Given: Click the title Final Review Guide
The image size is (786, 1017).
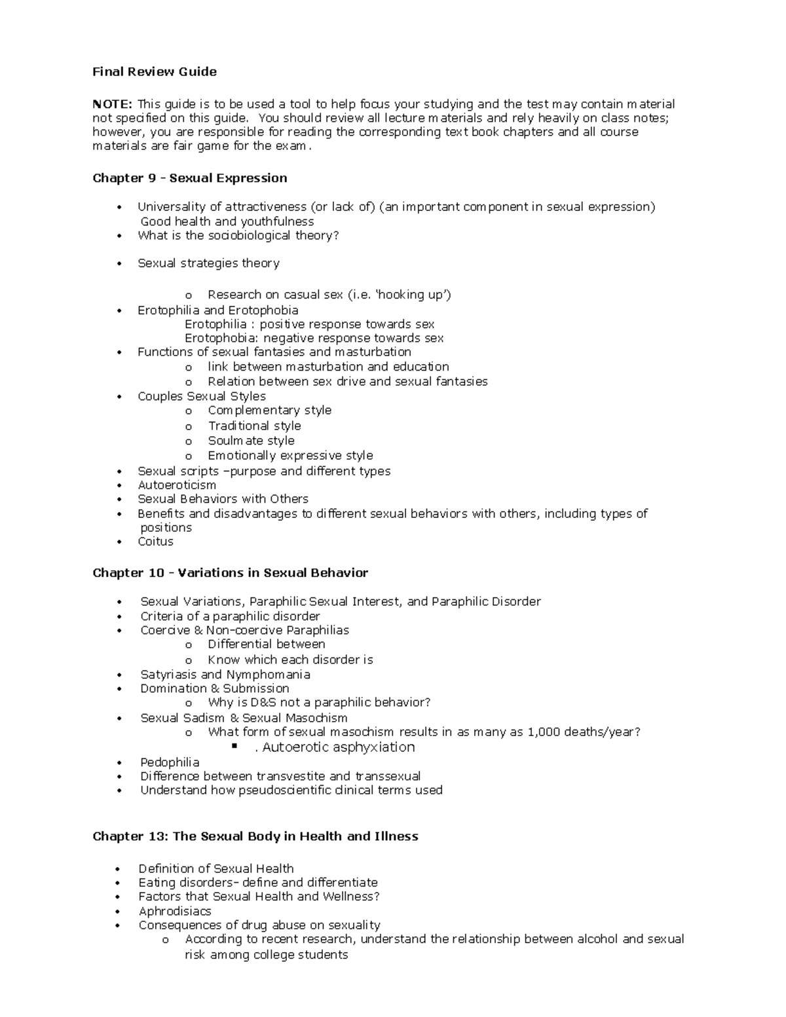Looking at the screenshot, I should click(x=155, y=71).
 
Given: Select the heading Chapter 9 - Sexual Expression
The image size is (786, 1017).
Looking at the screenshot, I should click(x=190, y=178).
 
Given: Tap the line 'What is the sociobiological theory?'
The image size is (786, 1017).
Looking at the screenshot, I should click(x=238, y=235).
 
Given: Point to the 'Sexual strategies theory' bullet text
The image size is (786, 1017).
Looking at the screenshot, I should click(x=208, y=263).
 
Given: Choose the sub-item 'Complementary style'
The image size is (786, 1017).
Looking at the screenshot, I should click(x=270, y=411).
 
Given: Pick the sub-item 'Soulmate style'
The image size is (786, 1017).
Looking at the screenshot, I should click(x=252, y=441).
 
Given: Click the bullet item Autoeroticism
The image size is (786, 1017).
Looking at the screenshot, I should click(x=177, y=485).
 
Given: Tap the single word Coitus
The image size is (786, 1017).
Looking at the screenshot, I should click(x=155, y=542).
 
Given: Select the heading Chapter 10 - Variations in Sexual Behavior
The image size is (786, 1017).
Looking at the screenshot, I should click(x=231, y=573).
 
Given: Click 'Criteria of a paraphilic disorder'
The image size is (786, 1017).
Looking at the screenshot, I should click(x=230, y=616).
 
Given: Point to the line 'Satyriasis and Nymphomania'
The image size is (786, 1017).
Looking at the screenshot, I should click(x=225, y=675).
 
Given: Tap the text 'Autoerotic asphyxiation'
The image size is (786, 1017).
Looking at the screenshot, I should click(x=339, y=747).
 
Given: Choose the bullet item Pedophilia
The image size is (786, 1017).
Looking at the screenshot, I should click(x=170, y=762).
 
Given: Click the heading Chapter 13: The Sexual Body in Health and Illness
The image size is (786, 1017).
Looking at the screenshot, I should click(x=255, y=836).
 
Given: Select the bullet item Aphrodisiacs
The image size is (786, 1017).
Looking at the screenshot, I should click(x=175, y=911).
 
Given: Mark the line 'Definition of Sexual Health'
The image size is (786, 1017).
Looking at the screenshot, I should click(x=216, y=869).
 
